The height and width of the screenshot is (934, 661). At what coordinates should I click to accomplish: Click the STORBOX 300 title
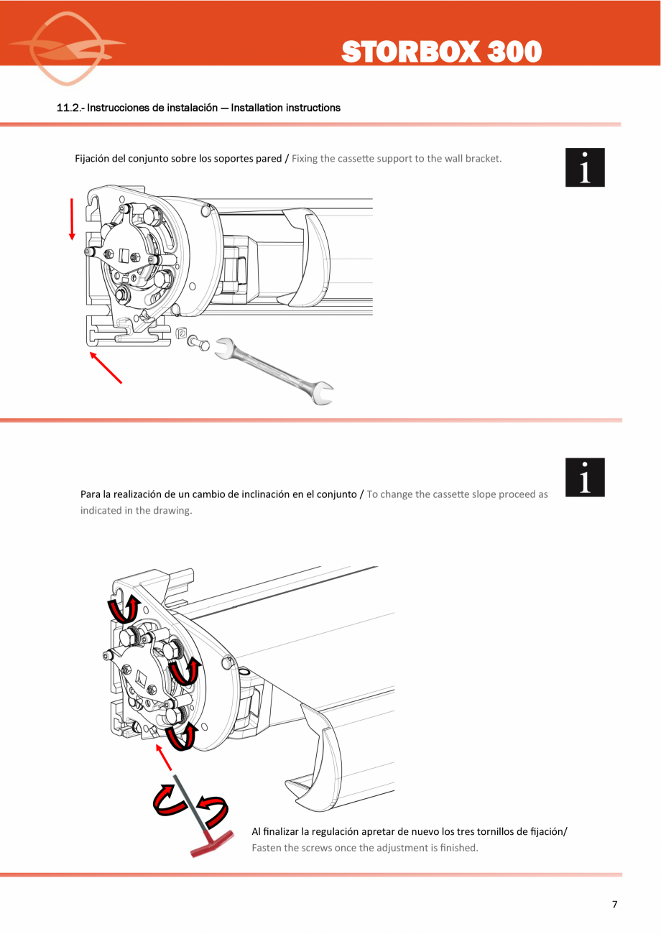tap(441, 52)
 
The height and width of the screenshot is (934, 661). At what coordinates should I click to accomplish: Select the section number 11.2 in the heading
tap(70, 108)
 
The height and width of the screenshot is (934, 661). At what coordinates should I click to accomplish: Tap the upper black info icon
tap(585, 167)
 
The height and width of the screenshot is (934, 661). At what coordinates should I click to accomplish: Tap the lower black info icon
tap(585, 477)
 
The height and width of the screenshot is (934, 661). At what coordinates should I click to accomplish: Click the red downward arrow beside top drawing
tap(72, 218)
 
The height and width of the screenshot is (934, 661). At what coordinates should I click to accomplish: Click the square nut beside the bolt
tap(182, 333)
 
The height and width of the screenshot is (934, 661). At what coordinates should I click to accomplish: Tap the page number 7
tap(614, 905)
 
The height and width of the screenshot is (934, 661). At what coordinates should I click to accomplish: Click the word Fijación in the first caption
tap(93, 158)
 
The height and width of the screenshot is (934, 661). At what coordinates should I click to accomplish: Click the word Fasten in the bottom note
tap(267, 848)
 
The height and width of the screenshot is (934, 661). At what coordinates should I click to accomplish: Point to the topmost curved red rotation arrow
tap(123, 610)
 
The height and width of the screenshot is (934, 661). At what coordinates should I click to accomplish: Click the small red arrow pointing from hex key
tap(165, 758)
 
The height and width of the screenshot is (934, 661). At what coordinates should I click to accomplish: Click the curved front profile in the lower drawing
tap(316, 754)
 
